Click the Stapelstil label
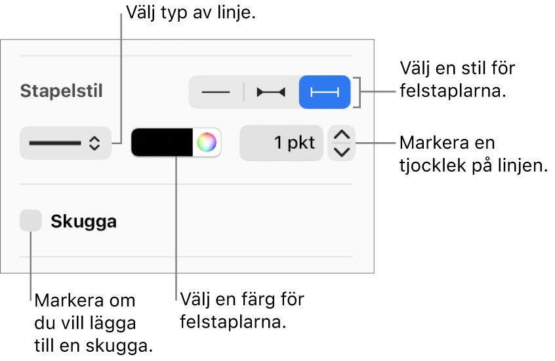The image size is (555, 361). click(61, 91)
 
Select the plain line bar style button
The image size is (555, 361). click(216, 92)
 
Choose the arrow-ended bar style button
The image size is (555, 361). click(271, 92)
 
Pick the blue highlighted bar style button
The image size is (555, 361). click(325, 92)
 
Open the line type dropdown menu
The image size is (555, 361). click(66, 143)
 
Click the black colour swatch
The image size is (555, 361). click(162, 142)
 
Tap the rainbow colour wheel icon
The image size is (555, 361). click(207, 142)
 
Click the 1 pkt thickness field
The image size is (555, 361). click(281, 143)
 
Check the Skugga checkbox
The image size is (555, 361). click(31, 220)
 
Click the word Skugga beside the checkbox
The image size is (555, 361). click(83, 221)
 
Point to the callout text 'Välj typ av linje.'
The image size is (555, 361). click(191, 13)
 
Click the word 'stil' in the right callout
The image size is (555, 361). click(473, 68)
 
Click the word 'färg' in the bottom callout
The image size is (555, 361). click(254, 299)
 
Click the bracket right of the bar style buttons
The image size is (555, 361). click(359, 92)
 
